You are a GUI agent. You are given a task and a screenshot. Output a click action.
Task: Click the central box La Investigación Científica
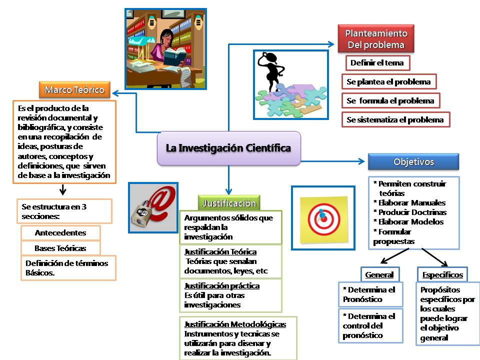click(228, 148)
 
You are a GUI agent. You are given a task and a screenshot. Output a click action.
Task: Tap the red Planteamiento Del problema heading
click(376, 39)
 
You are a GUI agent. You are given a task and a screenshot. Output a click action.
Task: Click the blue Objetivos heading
click(413, 162)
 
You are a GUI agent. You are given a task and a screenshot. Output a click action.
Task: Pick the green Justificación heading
click(229, 203)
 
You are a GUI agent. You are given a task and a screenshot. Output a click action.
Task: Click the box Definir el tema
click(377, 63)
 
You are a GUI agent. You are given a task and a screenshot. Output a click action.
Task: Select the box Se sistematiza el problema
click(395, 120)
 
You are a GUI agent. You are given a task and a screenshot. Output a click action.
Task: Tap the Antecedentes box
click(60, 233)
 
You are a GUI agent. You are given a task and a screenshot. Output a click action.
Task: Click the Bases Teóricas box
click(60, 248)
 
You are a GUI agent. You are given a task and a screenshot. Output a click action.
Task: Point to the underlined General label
click(379, 275)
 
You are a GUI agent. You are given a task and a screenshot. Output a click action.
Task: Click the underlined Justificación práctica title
click(221, 286)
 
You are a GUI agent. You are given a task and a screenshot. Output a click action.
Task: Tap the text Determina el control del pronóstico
click(369, 325)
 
